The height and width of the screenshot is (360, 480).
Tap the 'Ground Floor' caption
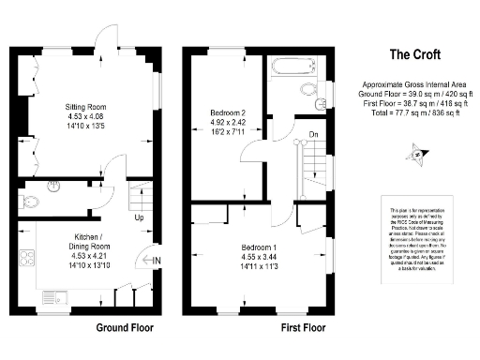pyautogui.click(x=127, y=328)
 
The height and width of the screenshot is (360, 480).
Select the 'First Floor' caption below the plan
pyautogui.click(x=303, y=328)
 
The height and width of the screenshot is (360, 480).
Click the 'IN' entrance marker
pyautogui.click(x=155, y=260)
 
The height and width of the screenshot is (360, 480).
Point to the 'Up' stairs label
pyautogui.click(x=139, y=217)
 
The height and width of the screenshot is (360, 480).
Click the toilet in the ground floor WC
pyautogui.click(x=30, y=200)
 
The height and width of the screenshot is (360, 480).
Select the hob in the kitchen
pyautogui.click(x=24, y=257)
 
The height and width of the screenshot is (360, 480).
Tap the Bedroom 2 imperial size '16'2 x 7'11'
pyautogui.click(x=229, y=132)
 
